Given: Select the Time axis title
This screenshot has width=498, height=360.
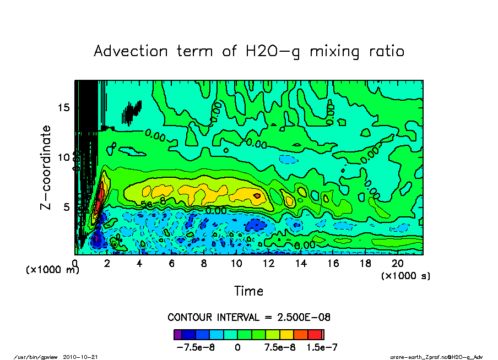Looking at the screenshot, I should [x=248, y=291].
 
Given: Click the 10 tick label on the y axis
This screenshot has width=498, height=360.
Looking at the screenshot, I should [x=63, y=157].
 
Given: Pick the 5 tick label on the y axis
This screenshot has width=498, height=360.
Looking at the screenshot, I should [x=66, y=207].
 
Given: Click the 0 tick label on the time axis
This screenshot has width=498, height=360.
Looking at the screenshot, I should [x=75, y=263].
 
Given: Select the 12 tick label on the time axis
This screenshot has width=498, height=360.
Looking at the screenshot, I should [x=268, y=263].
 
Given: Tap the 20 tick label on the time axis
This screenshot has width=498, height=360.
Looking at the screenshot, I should [x=397, y=263].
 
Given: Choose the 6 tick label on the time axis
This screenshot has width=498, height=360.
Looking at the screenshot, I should [x=172, y=263].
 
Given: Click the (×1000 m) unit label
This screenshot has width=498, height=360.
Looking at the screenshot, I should [x=53, y=270].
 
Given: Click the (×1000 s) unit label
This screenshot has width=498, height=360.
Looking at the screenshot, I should [x=405, y=275].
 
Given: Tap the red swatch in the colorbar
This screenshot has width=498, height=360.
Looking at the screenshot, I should [x=315, y=334].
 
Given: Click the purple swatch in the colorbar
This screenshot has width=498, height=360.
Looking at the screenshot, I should [x=177, y=334].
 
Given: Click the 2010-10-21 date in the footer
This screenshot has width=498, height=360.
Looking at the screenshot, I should [x=85, y=357].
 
